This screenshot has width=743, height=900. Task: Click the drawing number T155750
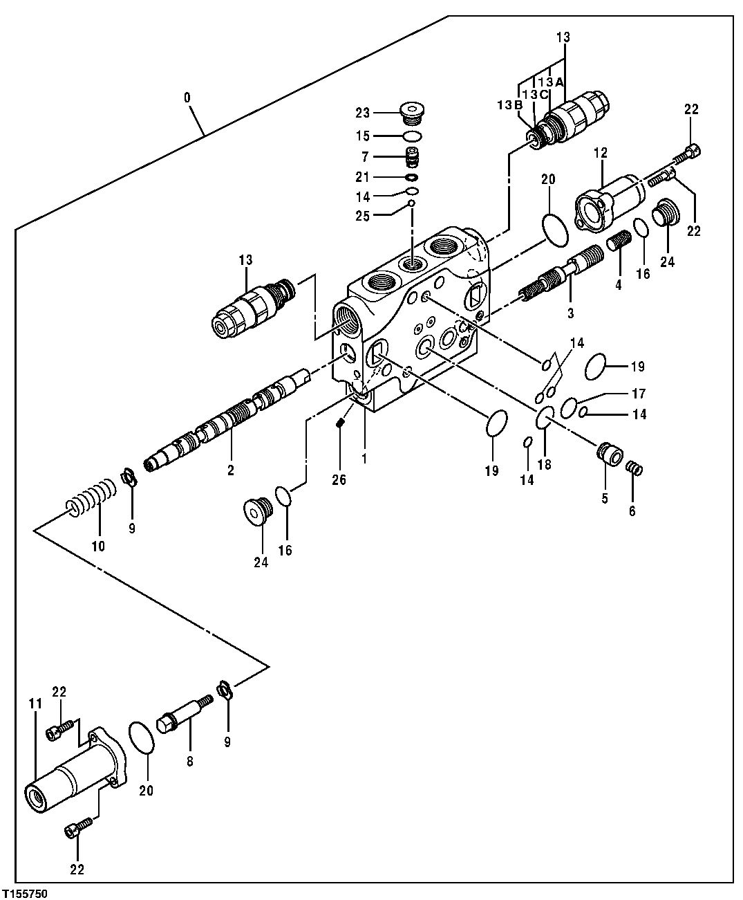[x=24, y=893]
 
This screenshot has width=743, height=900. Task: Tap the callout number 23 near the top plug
[x=382, y=113]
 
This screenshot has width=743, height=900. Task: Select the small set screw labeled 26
[x=339, y=423]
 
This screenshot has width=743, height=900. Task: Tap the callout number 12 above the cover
[x=600, y=153]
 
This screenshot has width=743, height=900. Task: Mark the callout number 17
[x=639, y=394]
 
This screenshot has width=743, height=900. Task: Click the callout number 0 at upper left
[x=187, y=98]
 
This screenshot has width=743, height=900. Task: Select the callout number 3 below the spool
[x=570, y=313]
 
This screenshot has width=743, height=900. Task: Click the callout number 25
[x=382, y=216]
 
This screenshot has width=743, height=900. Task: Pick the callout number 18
[x=545, y=464]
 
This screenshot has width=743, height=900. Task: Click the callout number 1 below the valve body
[x=364, y=457]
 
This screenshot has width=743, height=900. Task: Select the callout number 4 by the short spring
[x=619, y=284]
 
